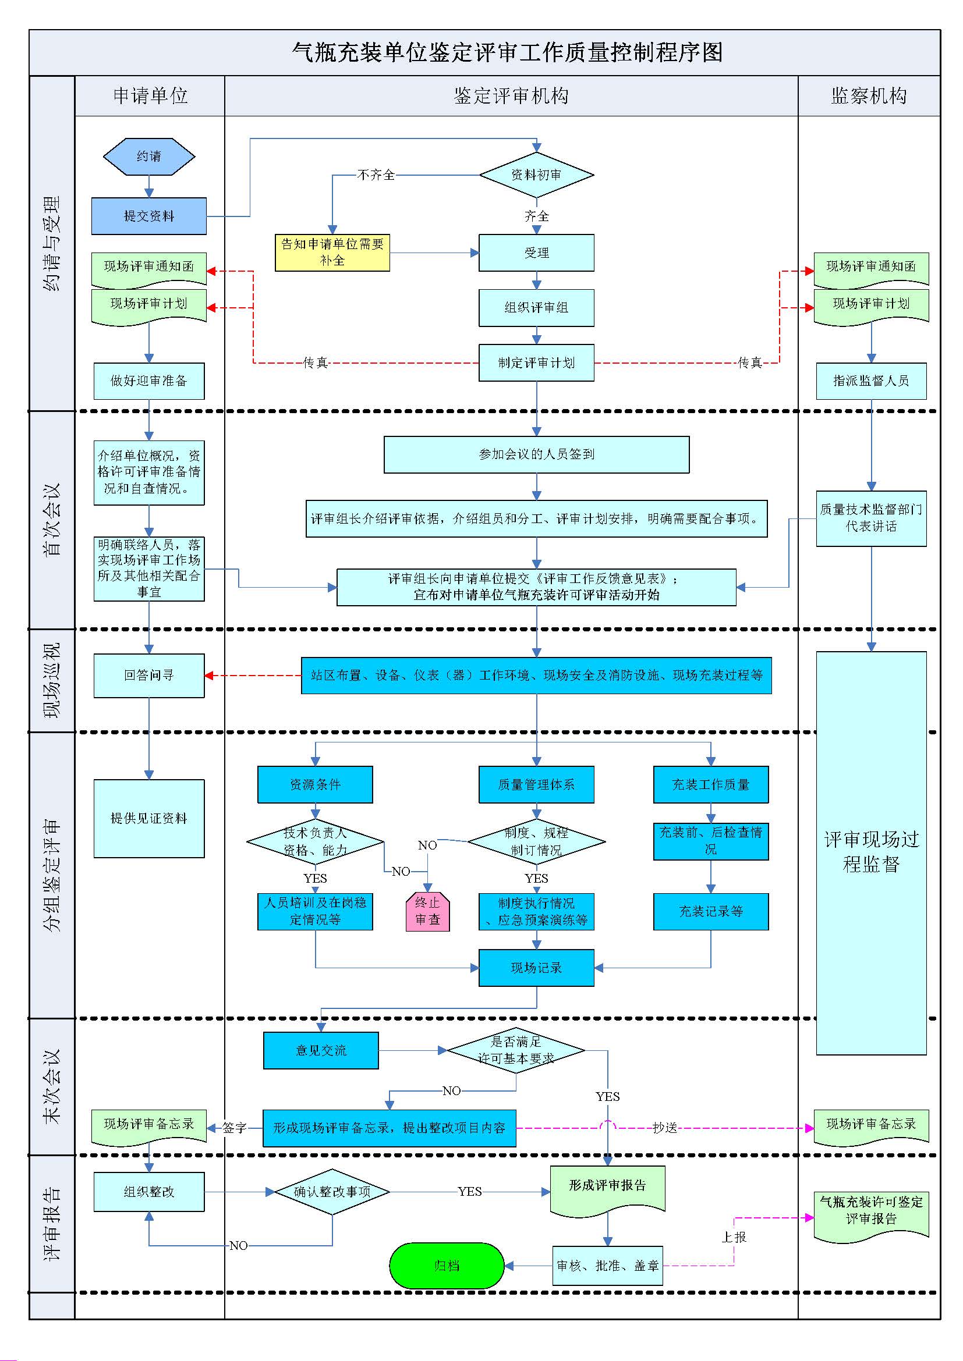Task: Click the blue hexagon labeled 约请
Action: point(149,157)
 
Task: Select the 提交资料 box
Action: point(149,216)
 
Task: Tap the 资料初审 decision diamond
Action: point(536,175)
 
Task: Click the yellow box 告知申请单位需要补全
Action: point(332,253)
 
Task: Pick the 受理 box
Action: point(536,253)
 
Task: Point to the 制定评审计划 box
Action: point(536,363)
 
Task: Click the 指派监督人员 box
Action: point(870,381)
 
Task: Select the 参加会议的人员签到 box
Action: point(536,454)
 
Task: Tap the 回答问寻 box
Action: point(149,675)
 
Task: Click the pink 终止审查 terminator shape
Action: point(427,912)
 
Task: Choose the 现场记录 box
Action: point(536,968)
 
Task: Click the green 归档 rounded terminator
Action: point(447,1266)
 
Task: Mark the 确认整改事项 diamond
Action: point(332,1192)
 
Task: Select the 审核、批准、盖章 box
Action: point(607,1266)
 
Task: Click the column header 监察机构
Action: point(869,96)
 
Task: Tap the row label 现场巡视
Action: point(52,681)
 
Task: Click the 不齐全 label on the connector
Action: point(376,175)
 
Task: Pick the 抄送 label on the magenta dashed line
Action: point(664,1128)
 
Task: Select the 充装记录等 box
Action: point(710,912)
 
